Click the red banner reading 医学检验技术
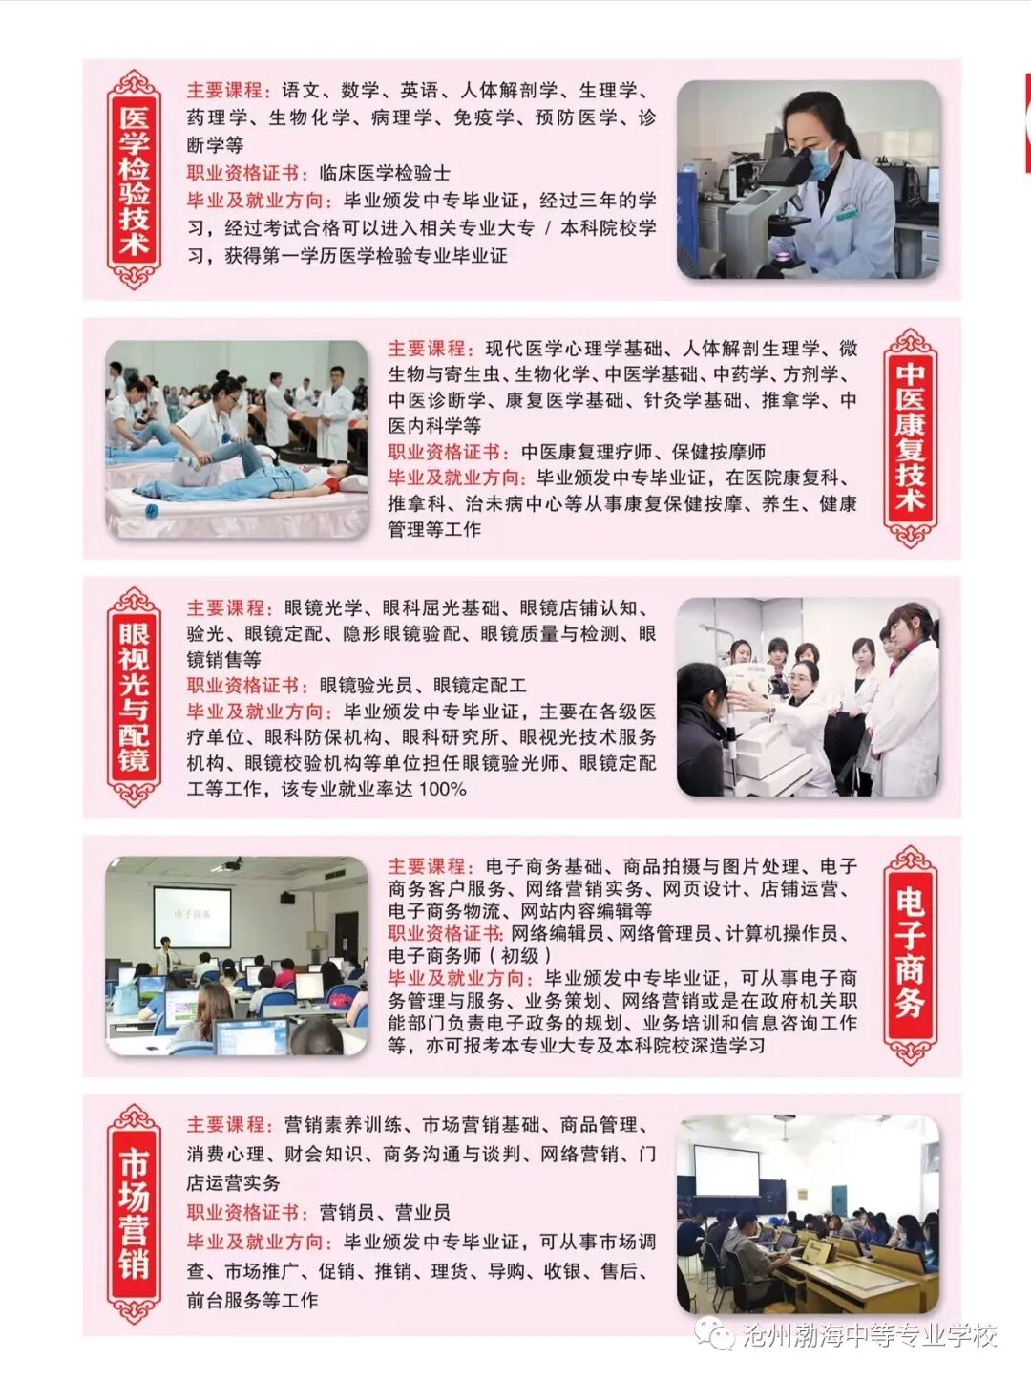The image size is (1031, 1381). pos(134,180)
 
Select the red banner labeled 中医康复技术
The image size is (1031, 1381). pos(910,438)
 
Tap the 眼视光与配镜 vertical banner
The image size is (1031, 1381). pos(134,696)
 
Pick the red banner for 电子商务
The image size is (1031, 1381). pos(910,954)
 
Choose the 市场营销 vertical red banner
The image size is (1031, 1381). pos(134,1214)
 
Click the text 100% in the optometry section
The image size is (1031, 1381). pos(442,789)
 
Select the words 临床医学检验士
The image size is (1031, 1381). pos(385,173)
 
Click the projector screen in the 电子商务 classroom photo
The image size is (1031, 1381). pos(192,915)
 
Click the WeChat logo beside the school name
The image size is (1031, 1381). pos(714,1333)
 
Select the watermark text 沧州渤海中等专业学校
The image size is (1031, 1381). pos(869,1334)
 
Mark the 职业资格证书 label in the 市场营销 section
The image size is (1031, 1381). pos(244,1212)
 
